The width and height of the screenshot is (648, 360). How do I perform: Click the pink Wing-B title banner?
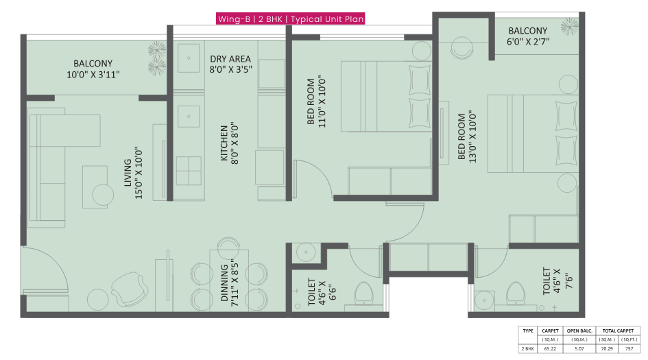tap(290, 19)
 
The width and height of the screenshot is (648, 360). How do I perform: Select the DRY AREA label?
tap(230, 64)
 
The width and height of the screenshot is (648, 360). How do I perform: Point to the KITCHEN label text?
tap(228, 142)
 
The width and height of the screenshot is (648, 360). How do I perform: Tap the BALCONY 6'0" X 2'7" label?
tap(527, 36)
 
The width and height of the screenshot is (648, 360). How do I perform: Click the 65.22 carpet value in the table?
tap(550, 348)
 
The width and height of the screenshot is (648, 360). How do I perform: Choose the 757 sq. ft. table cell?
tap(628, 348)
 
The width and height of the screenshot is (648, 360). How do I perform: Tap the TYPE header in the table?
tap(527, 331)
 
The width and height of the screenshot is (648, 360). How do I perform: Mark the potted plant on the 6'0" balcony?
tap(569, 26)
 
